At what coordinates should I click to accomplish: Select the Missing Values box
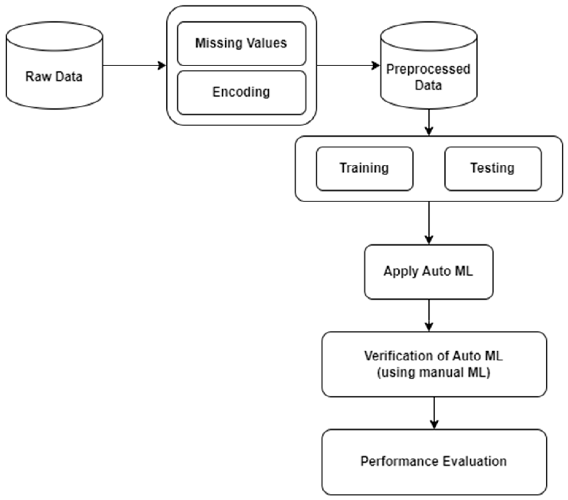tap(241, 43)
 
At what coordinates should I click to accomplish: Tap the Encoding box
tap(241, 92)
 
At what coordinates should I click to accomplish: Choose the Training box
tap(364, 168)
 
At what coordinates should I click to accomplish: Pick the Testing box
tap(493, 168)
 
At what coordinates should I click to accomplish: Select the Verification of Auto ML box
tap(434, 364)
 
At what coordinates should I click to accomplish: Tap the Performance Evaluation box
tap(434, 461)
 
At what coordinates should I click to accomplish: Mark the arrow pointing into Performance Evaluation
tap(434, 413)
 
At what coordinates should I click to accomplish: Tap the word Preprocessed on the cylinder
tap(428, 69)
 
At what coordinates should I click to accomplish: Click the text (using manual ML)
tap(433, 372)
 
